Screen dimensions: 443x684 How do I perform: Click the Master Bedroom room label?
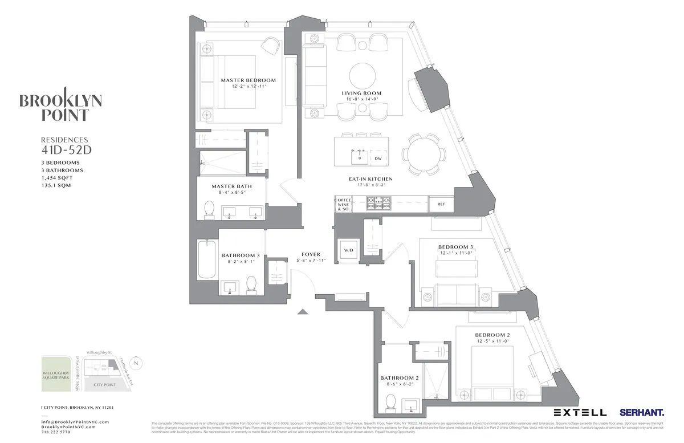[x=248, y=80]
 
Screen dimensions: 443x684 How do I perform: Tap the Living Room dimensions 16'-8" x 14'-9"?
[x=361, y=100]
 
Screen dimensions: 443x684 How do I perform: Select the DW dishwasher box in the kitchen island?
[x=377, y=158]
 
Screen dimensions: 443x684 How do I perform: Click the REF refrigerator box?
[x=441, y=204]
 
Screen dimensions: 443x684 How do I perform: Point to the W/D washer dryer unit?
[x=348, y=250]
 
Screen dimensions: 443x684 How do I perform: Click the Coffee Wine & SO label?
[x=343, y=204]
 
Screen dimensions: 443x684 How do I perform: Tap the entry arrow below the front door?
[x=303, y=311]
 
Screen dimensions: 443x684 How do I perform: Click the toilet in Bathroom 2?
[x=391, y=403]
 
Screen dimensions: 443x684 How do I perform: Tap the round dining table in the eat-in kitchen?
[x=422, y=153]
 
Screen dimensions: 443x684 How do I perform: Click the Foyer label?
[x=311, y=254]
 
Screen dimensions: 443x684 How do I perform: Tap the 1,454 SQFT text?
[x=58, y=178]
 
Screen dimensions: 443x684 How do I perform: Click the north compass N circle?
[x=136, y=363]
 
